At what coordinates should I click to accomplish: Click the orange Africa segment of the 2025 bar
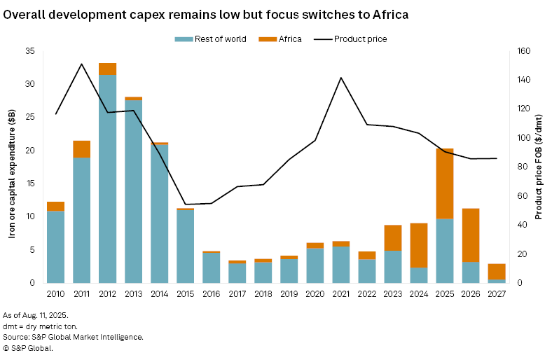click(x=445, y=184)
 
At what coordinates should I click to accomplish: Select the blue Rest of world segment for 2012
click(x=107, y=179)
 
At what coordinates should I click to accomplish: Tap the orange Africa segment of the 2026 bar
click(x=471, y=235)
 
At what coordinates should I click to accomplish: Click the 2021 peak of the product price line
click(x=341, y=78)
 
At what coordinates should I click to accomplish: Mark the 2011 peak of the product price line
click(x=81, y=64)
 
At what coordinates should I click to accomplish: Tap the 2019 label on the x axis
click(x=289, y=294)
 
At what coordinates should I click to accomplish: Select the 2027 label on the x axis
click(x=497, y=294)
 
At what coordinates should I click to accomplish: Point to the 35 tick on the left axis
click(x=29, y=51)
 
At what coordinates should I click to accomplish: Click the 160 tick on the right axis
click(x=523, y=51)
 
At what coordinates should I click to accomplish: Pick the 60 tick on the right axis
click(x=520, y=195)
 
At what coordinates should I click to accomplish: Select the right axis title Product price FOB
click(x=539, y=167)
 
